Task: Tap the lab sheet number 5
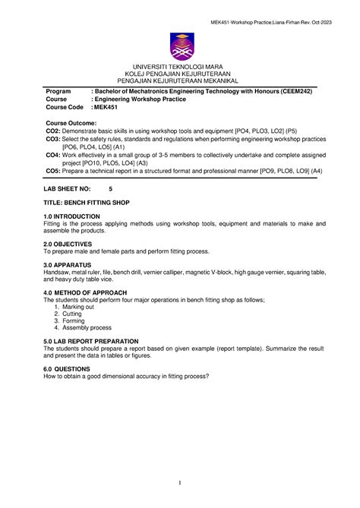coord(111,188)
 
